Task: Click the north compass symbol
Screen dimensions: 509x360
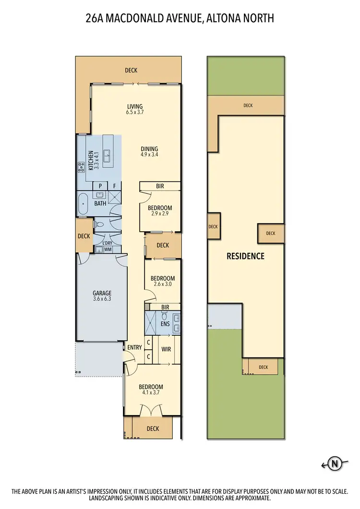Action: pyautogui.click(x=335, y=463)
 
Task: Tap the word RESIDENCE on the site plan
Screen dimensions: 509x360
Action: pyautogui.click(x=245, y=256)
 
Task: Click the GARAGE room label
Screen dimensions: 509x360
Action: pyautogui.click(x=102, y=293)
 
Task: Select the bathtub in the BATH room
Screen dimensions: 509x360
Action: pyautogui.click(x=84, y=204)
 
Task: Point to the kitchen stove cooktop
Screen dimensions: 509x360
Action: pyautogui.click(x=80, y=167)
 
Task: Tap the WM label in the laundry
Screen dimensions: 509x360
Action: pyautogui.click(x=108, y=249)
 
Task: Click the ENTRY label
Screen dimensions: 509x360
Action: pyautogui.click(x=134, y=347)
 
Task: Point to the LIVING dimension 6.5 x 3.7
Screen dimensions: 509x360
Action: pyautogui.click(x=135, y=112)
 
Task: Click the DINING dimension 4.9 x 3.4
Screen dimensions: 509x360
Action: pyautogui.click(x=149, y=154)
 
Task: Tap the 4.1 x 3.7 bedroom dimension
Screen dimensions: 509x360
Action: pyautogui.click(x=151, y=393)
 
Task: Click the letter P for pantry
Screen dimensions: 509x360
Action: pyautogui.click(x=100, y=186)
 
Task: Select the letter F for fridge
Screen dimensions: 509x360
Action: pyautogui.click(x=115, y=186)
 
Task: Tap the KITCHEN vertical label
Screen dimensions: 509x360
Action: pyautogui.click(x=90, y=161)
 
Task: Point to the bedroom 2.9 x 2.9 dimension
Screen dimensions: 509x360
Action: pyautogui.click(x=159, y=214)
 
